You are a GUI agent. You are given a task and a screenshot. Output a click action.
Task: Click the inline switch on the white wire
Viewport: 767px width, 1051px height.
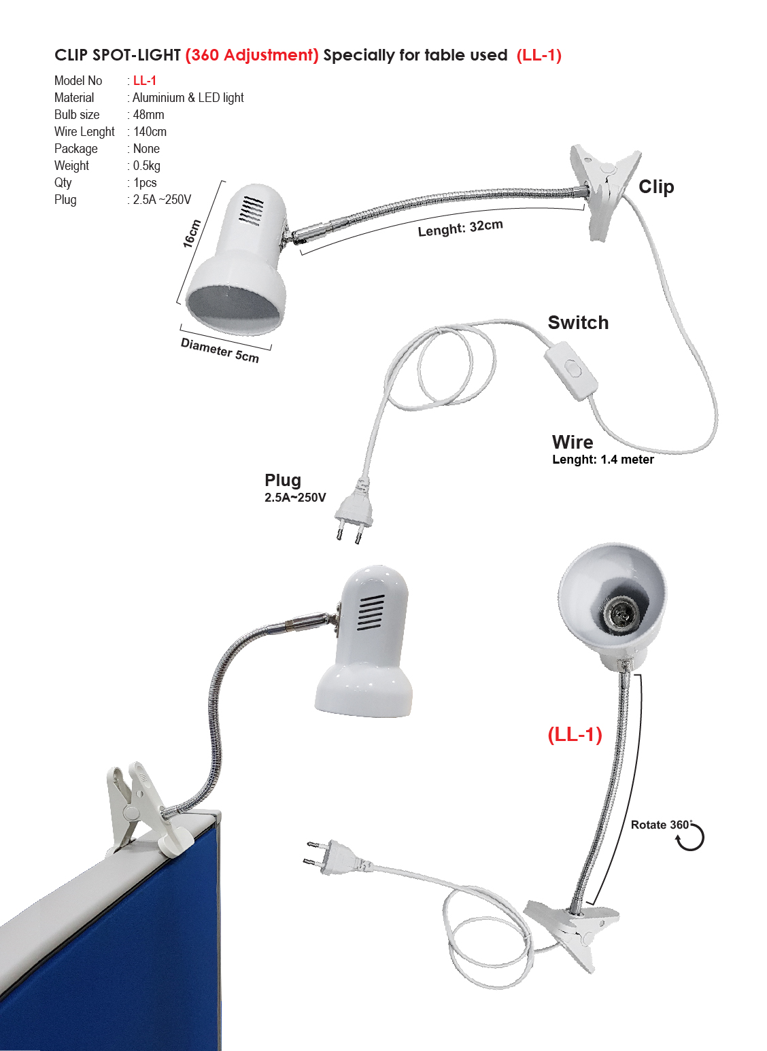click(572, 370)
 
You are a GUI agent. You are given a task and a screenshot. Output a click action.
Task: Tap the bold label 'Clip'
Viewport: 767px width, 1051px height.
click(656, 187)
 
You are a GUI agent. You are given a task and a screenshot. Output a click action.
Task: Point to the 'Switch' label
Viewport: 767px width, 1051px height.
click(578, 323)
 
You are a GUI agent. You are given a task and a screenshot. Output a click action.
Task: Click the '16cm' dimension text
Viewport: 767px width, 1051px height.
click(192, 233)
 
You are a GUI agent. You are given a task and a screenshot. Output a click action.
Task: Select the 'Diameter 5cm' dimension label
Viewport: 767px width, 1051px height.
click(220, 351)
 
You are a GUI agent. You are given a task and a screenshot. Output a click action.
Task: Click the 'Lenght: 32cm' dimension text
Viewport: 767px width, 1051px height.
click(460, 228)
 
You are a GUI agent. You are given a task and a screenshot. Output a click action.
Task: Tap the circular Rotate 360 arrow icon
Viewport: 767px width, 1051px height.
click(690, 837)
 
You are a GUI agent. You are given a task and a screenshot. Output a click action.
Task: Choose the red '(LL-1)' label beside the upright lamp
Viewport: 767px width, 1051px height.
click(575, 734)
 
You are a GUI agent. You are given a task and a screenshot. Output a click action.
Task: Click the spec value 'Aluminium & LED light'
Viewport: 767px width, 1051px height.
click(188, 98)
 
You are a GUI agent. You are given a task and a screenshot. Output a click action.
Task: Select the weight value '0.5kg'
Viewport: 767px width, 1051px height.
click(147, 166)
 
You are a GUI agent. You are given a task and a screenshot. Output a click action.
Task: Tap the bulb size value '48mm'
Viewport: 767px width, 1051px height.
click(148, 115)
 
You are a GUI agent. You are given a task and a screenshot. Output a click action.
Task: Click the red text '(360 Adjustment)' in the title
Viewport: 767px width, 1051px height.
click(252, 55)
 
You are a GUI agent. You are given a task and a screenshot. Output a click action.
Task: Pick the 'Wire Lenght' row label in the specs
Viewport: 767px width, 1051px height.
click(84, 132)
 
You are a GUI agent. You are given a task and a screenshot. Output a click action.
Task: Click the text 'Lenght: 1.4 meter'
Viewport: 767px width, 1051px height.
click(602, 460)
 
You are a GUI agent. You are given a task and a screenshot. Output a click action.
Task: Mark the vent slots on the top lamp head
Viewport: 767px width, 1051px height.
click(252, 211)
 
